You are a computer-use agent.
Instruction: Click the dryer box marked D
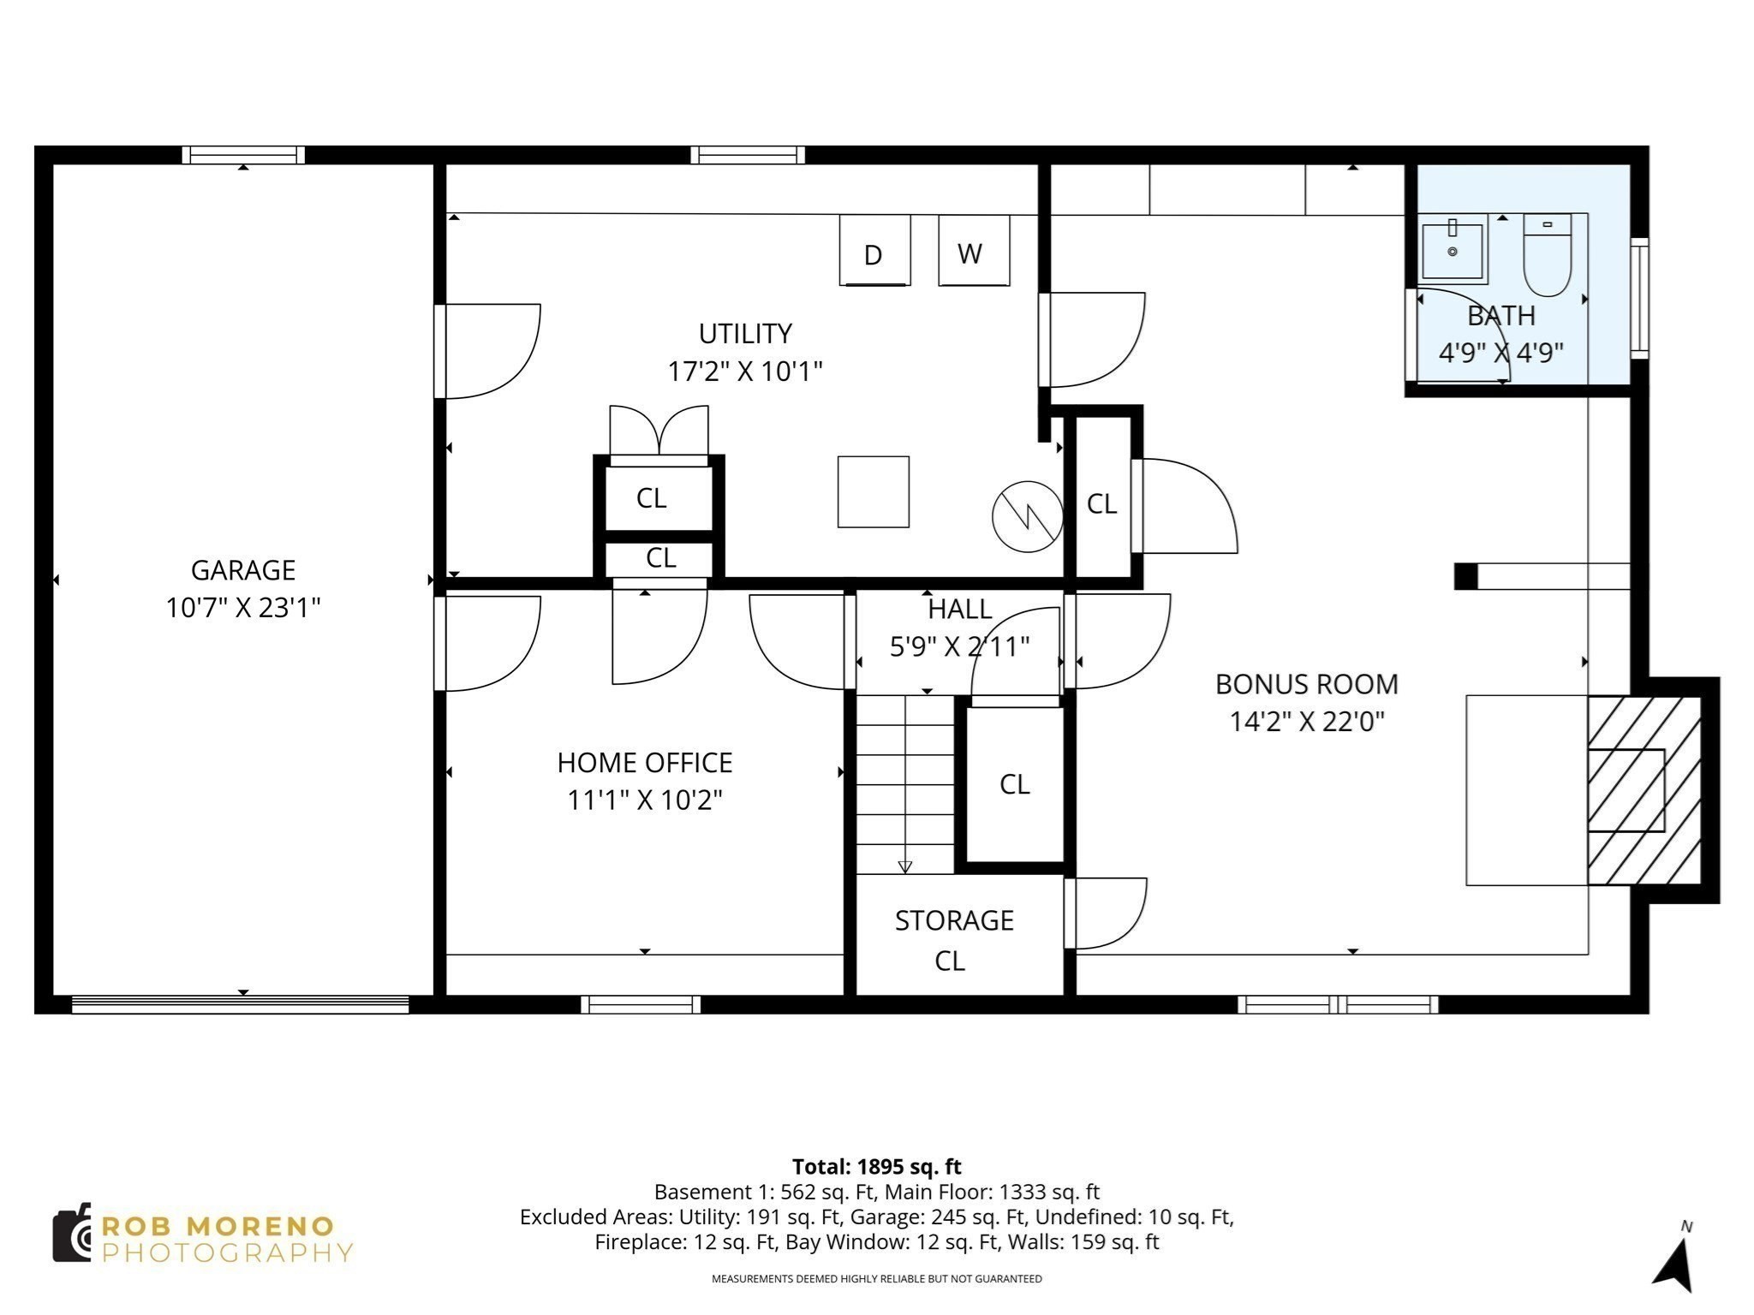[x=874, y=250]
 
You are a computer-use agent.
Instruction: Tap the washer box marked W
[x=973, y=250]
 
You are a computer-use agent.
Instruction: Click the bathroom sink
[x=1453, y=252]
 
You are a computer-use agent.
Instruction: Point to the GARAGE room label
[x=242, y=570]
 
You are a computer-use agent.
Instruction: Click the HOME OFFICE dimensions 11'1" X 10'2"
[x=644, y=800]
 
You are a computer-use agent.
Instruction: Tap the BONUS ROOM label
[x=1306, y=684]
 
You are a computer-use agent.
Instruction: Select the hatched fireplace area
[x=1643, y=790]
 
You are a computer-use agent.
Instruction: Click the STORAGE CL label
[x=953, y=940]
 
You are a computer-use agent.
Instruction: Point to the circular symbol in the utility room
[x=1027, y=516]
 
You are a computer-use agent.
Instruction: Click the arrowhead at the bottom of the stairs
[x=905, y=867]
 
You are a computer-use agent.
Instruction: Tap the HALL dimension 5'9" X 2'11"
[x=959, y=646]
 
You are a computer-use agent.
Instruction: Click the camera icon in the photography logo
[x=72, y=1233]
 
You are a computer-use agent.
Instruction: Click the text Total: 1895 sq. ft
[x=876, y=1167]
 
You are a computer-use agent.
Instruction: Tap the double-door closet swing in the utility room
[x=659, y=432]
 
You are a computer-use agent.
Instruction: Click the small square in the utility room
[x=873, y=491]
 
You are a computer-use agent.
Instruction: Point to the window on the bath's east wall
[x=1638, y=297]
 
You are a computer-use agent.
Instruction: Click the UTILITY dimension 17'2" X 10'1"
[x=744, y=372]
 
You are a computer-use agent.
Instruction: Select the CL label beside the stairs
[x=1014, y=784]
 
